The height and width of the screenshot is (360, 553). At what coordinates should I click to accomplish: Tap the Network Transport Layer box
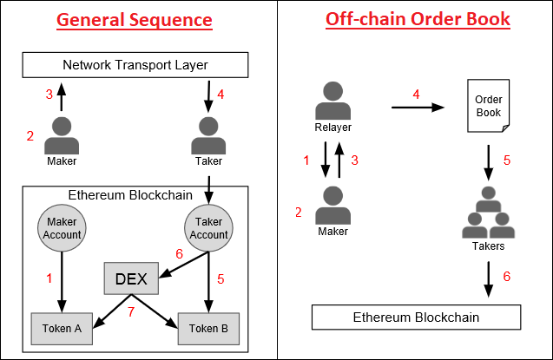(x=135, y=65)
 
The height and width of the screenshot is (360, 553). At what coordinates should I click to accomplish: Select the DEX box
(x=131, y=278)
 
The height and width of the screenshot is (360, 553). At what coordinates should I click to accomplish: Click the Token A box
(x=63, y=329)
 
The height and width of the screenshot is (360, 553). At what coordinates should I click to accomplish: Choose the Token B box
(x=208, y=329)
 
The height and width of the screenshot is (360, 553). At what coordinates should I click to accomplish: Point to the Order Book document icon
(x=488, y=106)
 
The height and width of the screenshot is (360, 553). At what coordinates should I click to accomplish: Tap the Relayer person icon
(x=331, y=105)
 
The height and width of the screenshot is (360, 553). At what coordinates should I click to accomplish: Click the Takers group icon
(x=487, y=216)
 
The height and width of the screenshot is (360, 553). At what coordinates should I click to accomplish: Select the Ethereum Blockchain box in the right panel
(x=416, y=317)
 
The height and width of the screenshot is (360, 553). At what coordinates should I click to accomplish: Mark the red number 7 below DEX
(x=132, y=311)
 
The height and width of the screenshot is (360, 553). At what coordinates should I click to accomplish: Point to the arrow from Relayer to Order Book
(x=418, y=107)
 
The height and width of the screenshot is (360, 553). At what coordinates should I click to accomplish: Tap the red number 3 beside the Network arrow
(x=49, y=94)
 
